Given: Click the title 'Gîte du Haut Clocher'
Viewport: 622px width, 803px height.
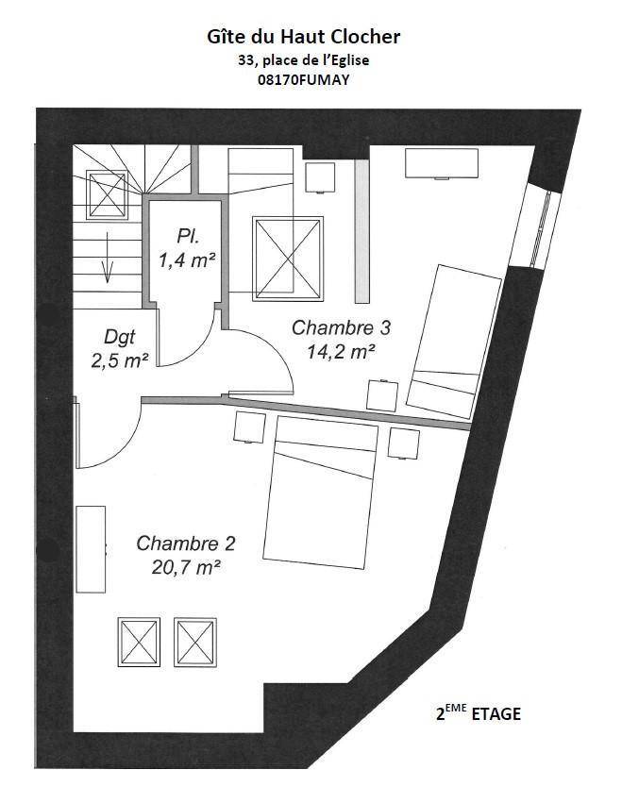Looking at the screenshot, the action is coord(303,38).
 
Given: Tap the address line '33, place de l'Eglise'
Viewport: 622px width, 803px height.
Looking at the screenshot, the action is coord(303,60).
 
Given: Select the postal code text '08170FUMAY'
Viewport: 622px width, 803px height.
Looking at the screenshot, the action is coord(303,80).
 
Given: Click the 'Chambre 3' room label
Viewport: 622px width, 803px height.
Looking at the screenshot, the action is coord(341,327).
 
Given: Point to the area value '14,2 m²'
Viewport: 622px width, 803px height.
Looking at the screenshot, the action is coord(341,351).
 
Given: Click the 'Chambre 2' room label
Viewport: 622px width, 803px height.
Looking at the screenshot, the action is coord(186,544).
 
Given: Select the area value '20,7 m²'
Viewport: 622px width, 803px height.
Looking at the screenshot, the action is coord(186,567).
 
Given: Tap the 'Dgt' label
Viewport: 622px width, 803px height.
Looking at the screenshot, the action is coord(119,338).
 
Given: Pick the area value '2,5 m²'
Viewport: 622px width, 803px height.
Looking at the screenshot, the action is coord(120,360).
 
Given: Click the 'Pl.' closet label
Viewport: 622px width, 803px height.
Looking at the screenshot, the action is coord(188,237).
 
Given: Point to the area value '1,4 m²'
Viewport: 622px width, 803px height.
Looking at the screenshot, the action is coord(186,260).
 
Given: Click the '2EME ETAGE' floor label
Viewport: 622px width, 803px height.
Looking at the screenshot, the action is coord(478,712).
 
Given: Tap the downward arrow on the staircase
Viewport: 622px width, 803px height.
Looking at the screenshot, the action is coord(107,257).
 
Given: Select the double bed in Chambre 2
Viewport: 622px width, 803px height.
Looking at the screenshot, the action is coord(320,493).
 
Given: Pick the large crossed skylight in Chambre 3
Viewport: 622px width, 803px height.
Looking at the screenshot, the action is coord(288,259).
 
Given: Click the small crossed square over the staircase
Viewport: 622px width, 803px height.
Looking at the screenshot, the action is coord(107,195).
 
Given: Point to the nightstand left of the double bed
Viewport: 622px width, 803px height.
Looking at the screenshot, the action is coord(249,427).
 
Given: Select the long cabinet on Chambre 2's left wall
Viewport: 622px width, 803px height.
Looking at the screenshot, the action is coord(91,549).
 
